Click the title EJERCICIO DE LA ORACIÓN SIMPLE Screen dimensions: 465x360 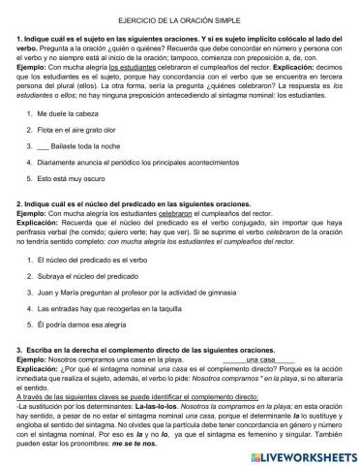tap(181, 20)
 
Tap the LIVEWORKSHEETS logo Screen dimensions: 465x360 tap(303, 451)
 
